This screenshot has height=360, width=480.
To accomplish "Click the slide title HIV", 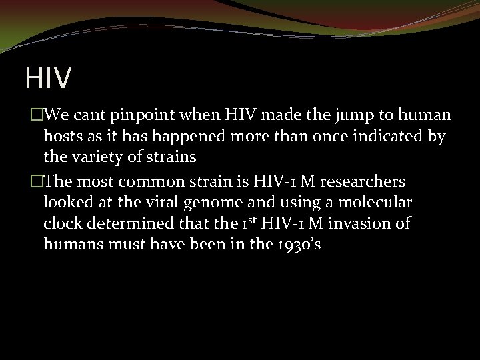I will point(48,77).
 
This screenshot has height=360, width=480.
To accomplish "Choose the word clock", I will point(60,223).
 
